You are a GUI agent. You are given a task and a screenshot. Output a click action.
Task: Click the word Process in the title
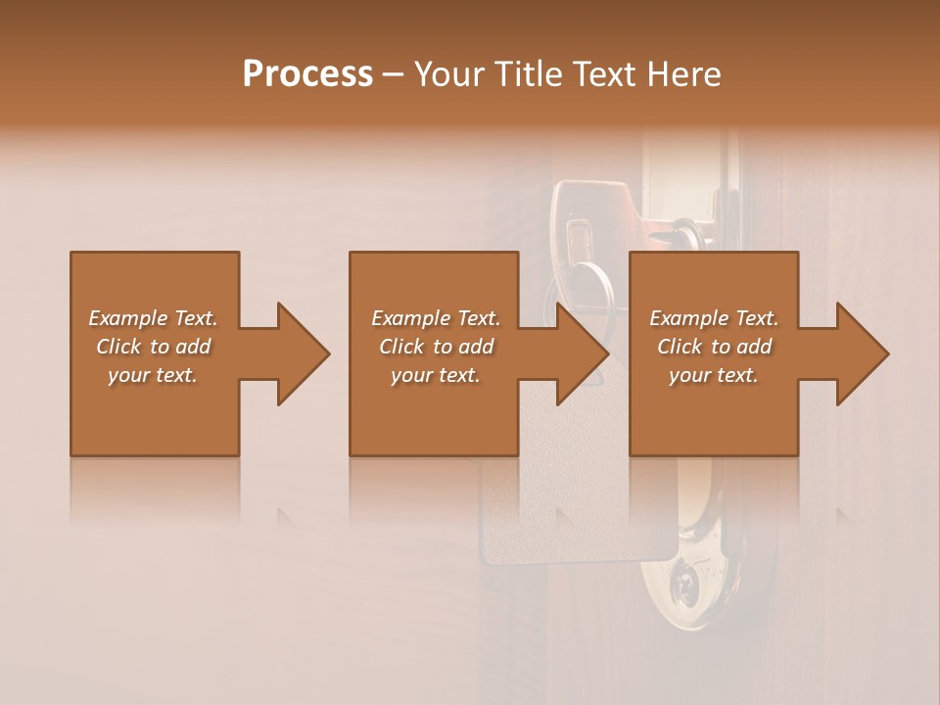[307, 74]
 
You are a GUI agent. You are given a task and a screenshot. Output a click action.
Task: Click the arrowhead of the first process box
[300, 353]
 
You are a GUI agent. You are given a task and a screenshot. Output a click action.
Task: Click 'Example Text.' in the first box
[153, 318]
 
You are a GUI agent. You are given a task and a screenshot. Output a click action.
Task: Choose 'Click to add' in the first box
[153, 347]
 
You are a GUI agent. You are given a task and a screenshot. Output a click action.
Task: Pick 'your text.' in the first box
[153, 375]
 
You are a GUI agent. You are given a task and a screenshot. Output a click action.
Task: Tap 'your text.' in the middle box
[435, 375]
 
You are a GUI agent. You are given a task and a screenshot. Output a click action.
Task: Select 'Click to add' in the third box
[714, 347]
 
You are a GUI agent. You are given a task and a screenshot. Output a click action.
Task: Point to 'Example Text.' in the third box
[714, 318]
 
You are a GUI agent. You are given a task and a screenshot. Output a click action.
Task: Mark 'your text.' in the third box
[714, 375]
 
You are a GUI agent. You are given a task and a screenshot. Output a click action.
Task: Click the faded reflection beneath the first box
[155, 490]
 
